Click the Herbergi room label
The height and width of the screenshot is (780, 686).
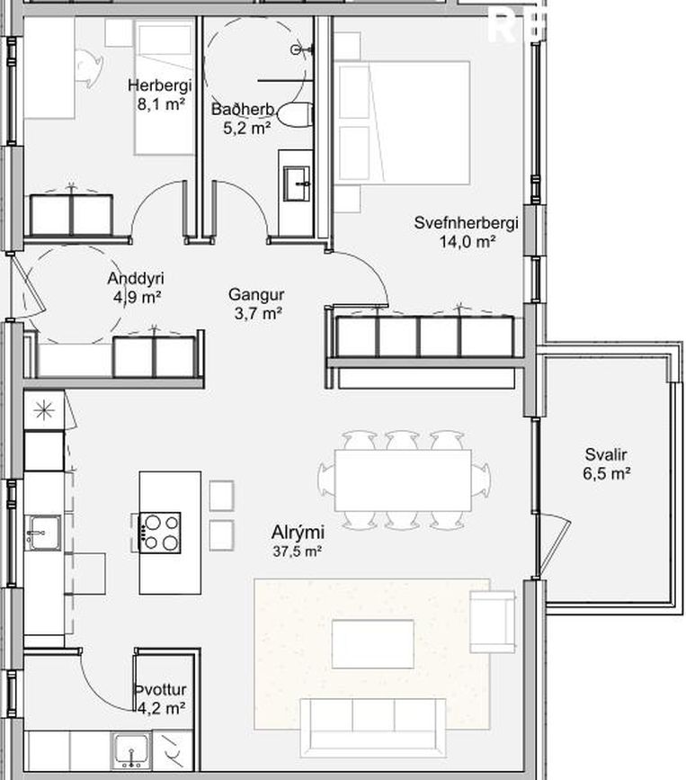(159, 85)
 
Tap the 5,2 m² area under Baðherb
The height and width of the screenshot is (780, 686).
(247, 128)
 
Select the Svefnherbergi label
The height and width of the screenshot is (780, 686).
(467, 222)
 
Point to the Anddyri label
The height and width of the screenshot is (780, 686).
(136, 278)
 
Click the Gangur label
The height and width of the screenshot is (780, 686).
(256, 294)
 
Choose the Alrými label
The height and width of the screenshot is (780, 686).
(298, 532)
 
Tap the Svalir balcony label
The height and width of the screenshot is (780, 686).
(606, 454)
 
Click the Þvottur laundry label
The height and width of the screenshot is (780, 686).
(161, 690)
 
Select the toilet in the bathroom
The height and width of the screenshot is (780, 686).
(295, 114)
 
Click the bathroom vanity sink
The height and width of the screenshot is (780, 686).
(297, 184)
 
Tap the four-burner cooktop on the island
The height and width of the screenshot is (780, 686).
(159, 533)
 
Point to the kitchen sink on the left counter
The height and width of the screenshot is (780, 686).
(44, 533)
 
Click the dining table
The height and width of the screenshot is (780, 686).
(403, 480)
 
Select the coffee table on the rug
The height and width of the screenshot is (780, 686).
(373, 643)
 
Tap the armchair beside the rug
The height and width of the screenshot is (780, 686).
(493, 622)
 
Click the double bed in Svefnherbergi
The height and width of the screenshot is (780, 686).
(402, 122)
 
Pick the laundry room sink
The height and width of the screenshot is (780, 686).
(131, 749)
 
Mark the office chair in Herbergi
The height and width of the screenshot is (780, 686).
(89, 68)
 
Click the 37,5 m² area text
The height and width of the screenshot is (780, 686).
(298, 551)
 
